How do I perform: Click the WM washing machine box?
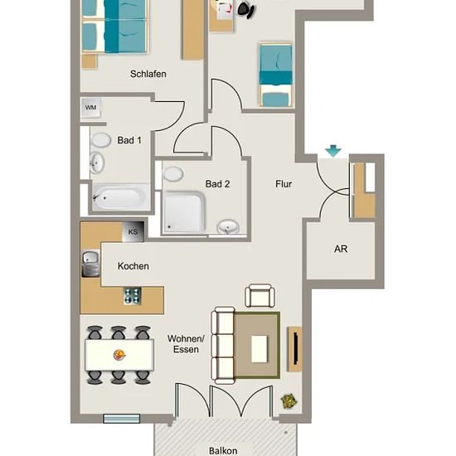click(91, 108)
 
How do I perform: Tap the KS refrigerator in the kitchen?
click(133, 232)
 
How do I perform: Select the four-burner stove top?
click(133, 296)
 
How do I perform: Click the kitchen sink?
click(90, 264)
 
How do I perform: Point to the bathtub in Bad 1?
click(120, 198)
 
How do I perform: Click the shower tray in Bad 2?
click(183, 211)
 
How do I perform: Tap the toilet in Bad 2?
click(172, 174)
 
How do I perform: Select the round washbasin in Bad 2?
click(228, 227)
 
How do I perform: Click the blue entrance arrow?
click(333, 151)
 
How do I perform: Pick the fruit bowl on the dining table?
click(119, 355)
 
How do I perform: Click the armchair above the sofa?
click(260, 296)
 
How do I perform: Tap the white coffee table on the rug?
click(260, 349)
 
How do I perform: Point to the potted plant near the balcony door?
click(289, 401)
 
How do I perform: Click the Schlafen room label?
click(148, 74)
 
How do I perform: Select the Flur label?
click(284, 184)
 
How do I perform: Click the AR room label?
click(341, 249)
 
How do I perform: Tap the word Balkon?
click(223, 451)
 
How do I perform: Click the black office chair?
click(246, 10)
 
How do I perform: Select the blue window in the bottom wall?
click(122, 419)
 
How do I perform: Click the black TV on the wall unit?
click(296, 349)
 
